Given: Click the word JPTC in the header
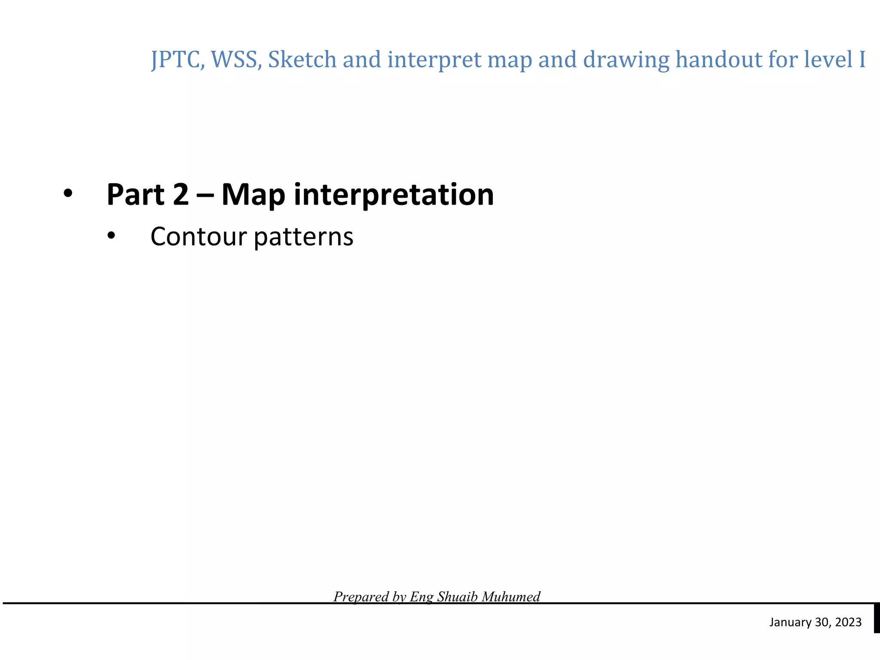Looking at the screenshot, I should point(175,60).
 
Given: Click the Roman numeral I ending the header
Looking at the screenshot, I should point(861,60).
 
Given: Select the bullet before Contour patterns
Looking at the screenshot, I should point(112,236).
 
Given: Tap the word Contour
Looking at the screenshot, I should point(199,237).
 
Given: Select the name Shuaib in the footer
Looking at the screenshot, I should point(458,596).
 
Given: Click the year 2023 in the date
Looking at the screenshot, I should point(848,622).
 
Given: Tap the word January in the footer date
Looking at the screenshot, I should point(790,623).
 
